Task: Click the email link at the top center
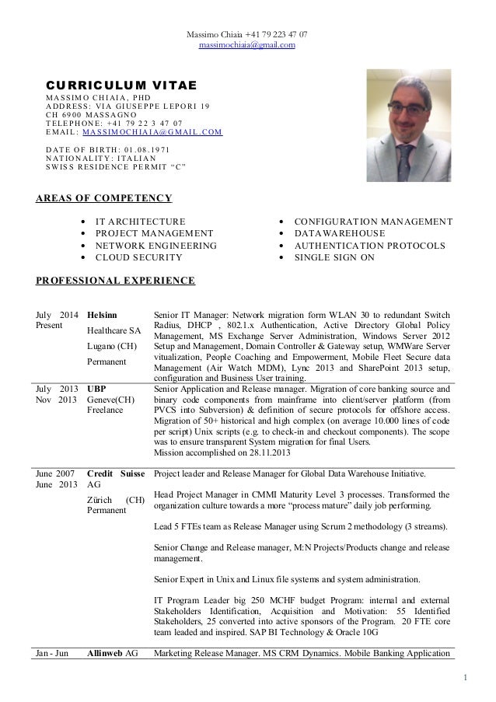(247, 45)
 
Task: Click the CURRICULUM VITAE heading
(122, 84)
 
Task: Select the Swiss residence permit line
(117, 166)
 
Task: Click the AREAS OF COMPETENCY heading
(104, 198)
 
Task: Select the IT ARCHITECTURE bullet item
(140, 222)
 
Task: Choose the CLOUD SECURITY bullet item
(138, 257)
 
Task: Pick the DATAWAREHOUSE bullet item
(340, 233)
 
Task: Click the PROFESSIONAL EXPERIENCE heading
(116, 280)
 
